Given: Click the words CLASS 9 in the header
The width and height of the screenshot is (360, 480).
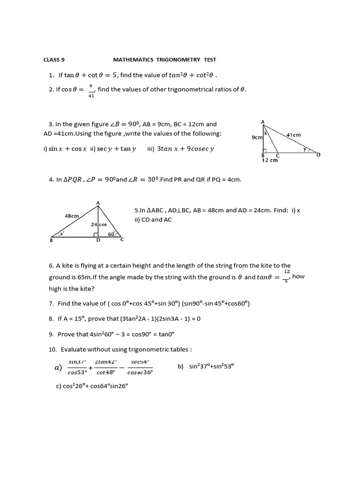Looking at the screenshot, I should (x=54, y=60).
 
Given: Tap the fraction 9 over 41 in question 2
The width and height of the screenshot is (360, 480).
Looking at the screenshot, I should (x=91, y=91).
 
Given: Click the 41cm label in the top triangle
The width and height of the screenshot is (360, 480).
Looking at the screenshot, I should (x=293, y=135).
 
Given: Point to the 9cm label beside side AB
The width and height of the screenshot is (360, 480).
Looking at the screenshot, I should (x=256, y=137).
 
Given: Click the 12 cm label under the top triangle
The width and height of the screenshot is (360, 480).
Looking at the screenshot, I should (x=270, y=160).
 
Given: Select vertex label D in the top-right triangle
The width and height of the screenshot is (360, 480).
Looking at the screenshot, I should (x=318, y=155).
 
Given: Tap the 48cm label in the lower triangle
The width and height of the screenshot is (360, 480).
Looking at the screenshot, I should (x=72, y=216).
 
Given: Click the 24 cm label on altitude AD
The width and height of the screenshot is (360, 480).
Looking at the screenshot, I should (x=98, y=225).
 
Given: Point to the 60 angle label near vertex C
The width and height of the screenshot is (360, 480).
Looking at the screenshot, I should (x=112, y=234).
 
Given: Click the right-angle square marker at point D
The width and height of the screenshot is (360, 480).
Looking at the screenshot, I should (x=96, y=235).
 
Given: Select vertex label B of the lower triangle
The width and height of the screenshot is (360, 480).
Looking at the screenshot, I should (x=51, y=240).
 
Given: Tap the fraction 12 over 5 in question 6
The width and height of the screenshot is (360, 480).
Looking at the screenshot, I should (x=287, y=276).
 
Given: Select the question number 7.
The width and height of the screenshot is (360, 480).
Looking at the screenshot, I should (x=51, y=303).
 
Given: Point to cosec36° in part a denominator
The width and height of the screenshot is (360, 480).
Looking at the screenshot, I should (x=140, y=373).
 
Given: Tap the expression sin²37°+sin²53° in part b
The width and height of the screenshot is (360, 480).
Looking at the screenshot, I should (x=211, y=367).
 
